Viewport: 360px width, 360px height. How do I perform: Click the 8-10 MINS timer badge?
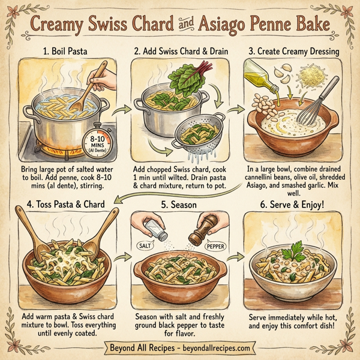pyautogui.click(x=99, y=142)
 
